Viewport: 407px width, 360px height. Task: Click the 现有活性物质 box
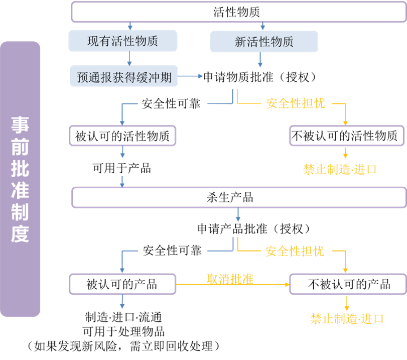123,41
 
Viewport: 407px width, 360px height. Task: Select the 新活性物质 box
264,42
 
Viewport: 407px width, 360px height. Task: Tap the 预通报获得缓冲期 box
124,77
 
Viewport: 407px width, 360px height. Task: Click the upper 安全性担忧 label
295,103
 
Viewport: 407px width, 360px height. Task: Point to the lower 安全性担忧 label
294,251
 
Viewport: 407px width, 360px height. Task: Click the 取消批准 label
229,279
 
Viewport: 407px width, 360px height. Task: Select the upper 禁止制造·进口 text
339,169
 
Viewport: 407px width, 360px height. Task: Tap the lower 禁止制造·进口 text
346,318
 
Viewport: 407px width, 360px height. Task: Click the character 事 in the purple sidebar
20,125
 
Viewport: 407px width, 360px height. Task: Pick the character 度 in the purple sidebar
20,233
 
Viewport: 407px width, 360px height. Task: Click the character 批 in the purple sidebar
20,169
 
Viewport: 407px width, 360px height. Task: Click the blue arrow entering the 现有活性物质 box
130,26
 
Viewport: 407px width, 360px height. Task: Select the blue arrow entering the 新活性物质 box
262,26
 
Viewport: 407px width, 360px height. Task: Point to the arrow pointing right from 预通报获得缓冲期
191,76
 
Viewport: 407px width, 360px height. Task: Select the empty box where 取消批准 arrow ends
347,284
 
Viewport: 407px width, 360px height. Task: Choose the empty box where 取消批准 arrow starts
122,284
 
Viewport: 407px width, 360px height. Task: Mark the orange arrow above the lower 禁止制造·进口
346,303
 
